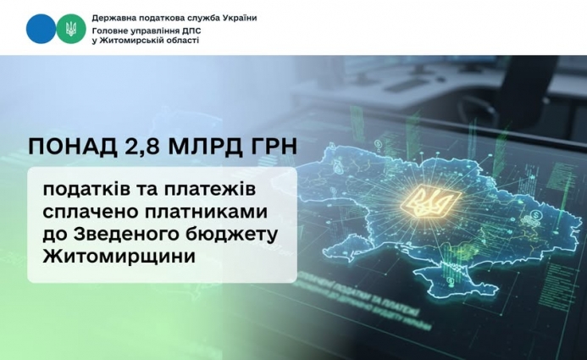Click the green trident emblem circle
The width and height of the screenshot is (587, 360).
point(71,30)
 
